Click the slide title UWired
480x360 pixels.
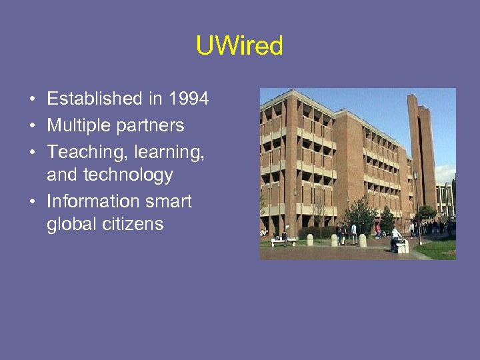(x=239, y=46)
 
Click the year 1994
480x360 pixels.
(x=189, y=99)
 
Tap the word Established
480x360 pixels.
(x=95, y=99)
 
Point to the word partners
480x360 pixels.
(x=151, y=126)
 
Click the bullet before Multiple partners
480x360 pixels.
(x=32, y=126)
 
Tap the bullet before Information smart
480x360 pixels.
(x=32, y=202)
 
